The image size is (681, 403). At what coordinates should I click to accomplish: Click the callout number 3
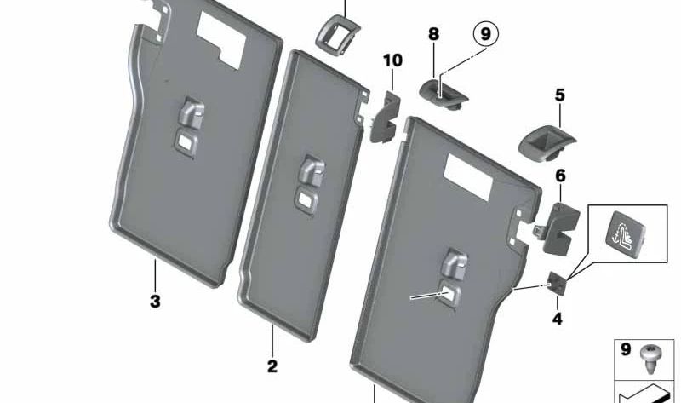[x=155, y=301]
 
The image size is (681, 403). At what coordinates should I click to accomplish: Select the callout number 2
[x=272, y=366]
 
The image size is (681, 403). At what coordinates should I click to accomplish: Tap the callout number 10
[x=392, y=60]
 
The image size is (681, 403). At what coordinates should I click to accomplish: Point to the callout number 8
[x=434, y=34]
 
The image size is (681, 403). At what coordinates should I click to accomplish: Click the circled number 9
[x=485, y=33]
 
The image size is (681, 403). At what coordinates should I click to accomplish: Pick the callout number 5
[x=560, y=95]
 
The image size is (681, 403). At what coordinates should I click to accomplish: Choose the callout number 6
[x=561, y=176]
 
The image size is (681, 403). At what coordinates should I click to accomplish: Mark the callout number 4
[x=558, y=320]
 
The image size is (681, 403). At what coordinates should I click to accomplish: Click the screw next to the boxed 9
[x=650, y=359]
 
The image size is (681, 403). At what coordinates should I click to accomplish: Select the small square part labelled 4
[x=558, y=283]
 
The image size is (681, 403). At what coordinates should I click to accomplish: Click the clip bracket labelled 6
[x=558, y=228]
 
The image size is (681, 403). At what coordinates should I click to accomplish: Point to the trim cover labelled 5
[x=546, y=143]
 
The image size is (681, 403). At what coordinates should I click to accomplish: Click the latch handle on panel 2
[x=312, y=170]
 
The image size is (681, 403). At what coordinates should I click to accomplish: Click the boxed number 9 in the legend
[x=626, y=348]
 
